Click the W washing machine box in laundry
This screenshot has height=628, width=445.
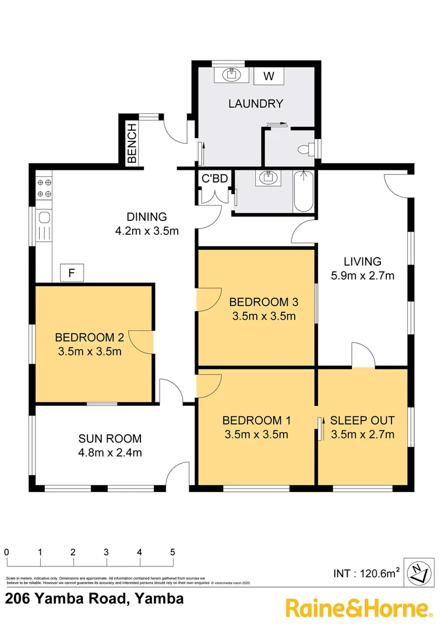coord(269,76)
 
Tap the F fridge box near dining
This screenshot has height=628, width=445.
coord(72,272)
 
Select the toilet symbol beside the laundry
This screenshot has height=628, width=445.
coord(303,150)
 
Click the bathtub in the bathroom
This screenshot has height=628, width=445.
coord(303,192)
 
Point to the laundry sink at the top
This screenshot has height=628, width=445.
coord(231,74)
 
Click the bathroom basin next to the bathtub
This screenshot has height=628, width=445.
coord(268,179)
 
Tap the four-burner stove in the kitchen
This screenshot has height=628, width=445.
coord(44,187)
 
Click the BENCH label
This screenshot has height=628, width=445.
coord(132,143)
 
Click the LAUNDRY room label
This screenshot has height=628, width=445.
coord(256,104)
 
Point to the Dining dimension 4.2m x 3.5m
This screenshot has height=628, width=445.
coord(146,230)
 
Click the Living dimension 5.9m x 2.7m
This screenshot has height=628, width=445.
coord(362,276)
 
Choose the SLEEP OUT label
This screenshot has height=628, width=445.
coord(362,420)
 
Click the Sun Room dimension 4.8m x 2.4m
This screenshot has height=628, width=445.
coord(110,452)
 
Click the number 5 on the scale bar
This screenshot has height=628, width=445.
coord(173,552)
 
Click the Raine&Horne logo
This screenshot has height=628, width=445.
coord(359,608)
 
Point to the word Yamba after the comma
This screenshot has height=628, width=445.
coord(159,598)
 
